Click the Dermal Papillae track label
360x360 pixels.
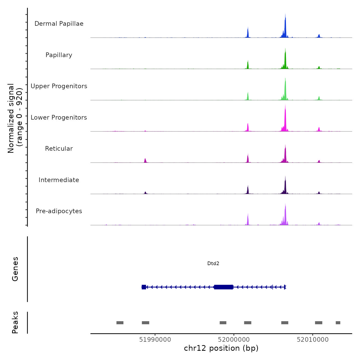59,24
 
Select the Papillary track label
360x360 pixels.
59,55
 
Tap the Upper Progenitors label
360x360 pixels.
59,86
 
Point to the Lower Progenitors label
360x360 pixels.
59,118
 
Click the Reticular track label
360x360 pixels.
59,149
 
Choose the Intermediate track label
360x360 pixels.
59,180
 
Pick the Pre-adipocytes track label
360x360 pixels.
59,211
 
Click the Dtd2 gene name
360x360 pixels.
213,263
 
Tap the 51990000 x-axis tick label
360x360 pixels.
155,340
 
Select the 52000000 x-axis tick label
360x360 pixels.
234,340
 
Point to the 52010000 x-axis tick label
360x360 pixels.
313,340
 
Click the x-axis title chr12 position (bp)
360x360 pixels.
221,348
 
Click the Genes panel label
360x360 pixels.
15,269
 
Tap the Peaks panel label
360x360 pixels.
15,322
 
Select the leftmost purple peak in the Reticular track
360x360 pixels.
145,160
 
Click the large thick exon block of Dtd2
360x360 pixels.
223,287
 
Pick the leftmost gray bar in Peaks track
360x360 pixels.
120,323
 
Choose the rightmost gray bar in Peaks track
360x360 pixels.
338,323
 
